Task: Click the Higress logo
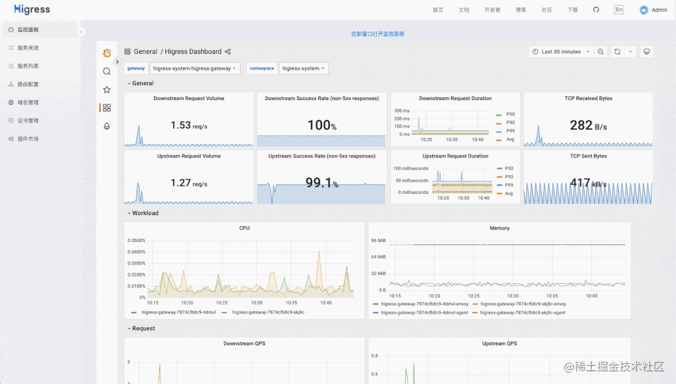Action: point(32,9)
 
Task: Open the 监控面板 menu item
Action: point(28,29)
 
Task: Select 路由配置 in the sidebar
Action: point(28,84)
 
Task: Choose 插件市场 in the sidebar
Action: point(28,139)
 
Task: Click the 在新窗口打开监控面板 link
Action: point(378,34)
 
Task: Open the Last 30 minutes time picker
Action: point(561,52)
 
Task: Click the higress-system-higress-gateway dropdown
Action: point(194,68)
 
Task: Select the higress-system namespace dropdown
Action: point(303,68)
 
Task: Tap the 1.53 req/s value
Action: point(189,125)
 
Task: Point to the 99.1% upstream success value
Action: point(321,183)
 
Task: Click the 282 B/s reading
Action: point(588,125)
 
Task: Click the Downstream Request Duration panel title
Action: point(455,98)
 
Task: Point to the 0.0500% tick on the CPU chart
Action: point(136,241)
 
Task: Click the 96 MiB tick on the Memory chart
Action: point(378,241)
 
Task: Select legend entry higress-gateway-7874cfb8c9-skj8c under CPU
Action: point(268,313)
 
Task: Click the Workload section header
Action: point(145,213)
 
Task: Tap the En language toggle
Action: point(618,9)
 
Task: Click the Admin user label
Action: point(659,10)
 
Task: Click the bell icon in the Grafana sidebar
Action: point(107,126)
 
